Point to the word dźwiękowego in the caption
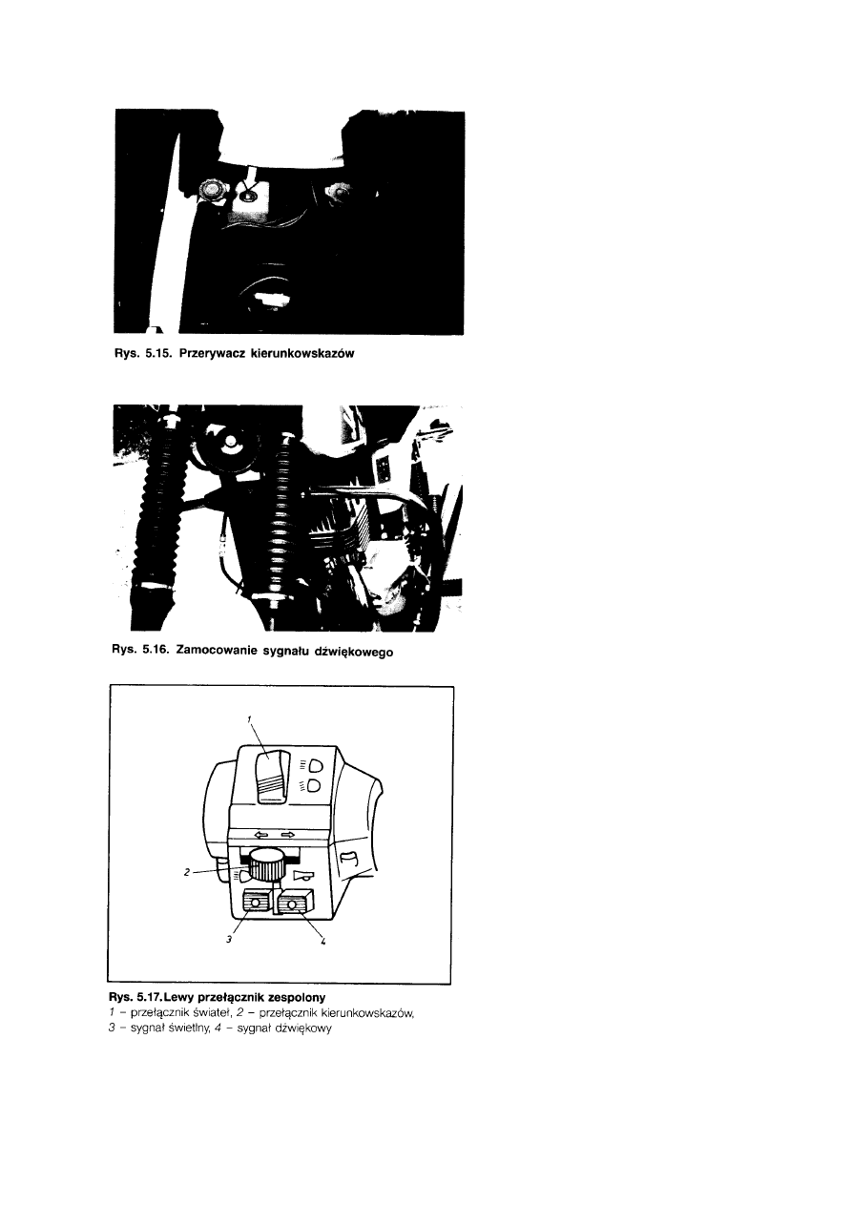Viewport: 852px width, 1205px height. (x=356, y=652)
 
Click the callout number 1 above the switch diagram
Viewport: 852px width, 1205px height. (x=249, y=718)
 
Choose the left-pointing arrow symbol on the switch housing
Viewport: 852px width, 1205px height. (x=262, y=835)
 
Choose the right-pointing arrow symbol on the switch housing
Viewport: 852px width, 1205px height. (x=288, y=835)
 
